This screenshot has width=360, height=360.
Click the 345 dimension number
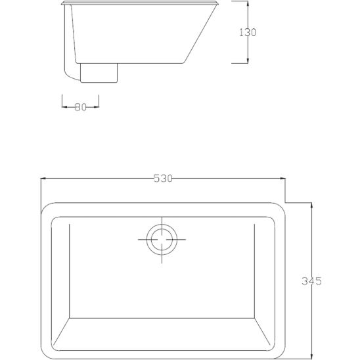[311, 281]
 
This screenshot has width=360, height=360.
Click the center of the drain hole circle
[160, 239]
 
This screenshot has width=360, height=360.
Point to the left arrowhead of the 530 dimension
[43, 179]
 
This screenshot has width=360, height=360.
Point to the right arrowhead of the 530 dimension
[282, 179]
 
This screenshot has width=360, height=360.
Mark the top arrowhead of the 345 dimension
[311, 204]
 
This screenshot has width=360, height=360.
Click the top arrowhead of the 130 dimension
[248, 5]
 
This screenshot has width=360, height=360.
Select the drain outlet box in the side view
[99, 72]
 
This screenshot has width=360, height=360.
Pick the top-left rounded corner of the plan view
[48, 209]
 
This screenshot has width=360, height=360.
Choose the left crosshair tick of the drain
[142, 239]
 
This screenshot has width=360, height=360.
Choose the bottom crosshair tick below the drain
[160, 260]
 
